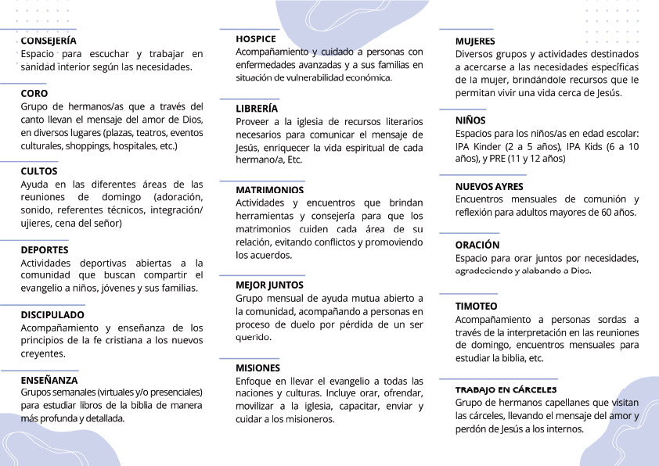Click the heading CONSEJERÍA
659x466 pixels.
[x=49, y=40]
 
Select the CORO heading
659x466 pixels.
[x=34, y=93]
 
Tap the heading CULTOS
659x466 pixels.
[x=39, y=170]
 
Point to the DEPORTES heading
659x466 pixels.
[x=45, y=249]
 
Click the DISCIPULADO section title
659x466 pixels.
[x=52, y=314]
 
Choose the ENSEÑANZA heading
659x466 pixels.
[x=49, y=379]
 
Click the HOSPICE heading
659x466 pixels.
[x=256, y=38]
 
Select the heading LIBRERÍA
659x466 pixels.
[x=257, y=109]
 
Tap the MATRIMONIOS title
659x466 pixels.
[x=270, y=189]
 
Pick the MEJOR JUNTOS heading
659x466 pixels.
[x=269, y=285]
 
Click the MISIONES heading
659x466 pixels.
[x=257, y=367]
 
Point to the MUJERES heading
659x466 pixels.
[x=475, y=41]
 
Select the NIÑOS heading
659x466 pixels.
[x=470, y=120]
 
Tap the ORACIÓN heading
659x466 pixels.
[x=477, y=245]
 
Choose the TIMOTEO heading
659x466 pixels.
[x=476, y=306]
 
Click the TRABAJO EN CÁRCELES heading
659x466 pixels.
[x=506, y=389]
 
